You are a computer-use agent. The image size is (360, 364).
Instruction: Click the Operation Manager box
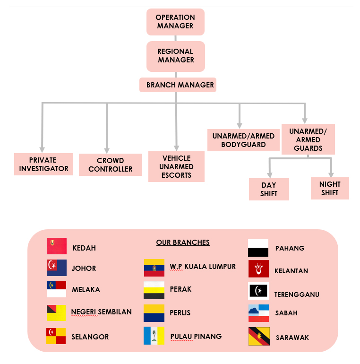175,22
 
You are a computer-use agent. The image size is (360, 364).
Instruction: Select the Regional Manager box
176,56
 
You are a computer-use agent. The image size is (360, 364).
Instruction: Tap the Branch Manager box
178,85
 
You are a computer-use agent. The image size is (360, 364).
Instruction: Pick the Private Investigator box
43,164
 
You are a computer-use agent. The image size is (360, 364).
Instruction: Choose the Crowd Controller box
111,165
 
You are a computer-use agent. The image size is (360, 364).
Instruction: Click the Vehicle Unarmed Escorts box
176,166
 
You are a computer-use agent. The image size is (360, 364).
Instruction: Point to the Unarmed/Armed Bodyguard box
243,140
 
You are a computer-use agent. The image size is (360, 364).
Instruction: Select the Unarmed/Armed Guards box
308,139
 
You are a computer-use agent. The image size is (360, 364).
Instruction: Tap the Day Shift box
269,189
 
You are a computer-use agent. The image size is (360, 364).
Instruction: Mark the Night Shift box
330,188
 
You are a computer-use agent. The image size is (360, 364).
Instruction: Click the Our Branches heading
183,243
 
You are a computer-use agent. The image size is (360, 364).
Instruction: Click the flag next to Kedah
57,246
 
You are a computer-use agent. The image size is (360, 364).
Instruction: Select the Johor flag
57,268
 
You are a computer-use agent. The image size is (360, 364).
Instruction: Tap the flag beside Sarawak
259,337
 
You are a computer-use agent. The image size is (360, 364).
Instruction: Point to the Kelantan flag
258,269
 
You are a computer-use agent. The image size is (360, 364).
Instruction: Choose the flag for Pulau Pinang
154,335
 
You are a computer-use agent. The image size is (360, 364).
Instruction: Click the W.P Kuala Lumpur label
203,267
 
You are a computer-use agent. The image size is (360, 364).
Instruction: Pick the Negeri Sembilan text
102,312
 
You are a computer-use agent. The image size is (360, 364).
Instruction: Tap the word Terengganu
297,295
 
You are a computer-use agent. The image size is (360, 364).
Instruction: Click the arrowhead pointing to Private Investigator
43,148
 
